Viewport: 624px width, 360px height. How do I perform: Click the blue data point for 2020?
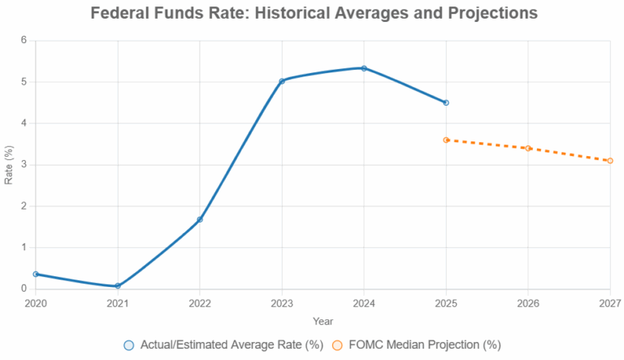coord(36,274)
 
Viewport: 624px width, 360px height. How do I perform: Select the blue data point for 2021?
coord(118,286)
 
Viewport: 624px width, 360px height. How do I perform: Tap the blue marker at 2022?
coord(200,219)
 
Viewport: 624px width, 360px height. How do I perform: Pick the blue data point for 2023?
coord(282,81)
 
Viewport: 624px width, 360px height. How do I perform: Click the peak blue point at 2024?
coord(364,68)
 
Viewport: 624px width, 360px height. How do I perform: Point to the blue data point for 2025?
coord(446,102)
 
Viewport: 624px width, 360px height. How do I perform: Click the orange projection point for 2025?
coord(446,140)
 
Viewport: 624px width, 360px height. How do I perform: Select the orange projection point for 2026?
coord(528,148)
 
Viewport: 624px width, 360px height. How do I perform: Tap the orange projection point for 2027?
coord(610,161)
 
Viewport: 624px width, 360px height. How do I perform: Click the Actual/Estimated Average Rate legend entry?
coord(223,345)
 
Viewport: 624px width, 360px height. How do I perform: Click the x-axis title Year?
coord(323,321)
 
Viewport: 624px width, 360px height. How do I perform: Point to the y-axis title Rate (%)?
coord(9,165)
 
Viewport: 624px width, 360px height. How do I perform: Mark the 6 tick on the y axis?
coord(24,41)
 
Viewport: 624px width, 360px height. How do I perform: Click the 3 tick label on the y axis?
coord(24,165)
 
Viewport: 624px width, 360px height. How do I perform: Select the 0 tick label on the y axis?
coord(24,289)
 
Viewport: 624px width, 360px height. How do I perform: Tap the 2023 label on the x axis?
coord(282,302)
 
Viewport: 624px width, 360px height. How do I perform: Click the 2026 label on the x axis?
coord(528,302)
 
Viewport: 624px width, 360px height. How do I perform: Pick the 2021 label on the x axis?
coord(118,302)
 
